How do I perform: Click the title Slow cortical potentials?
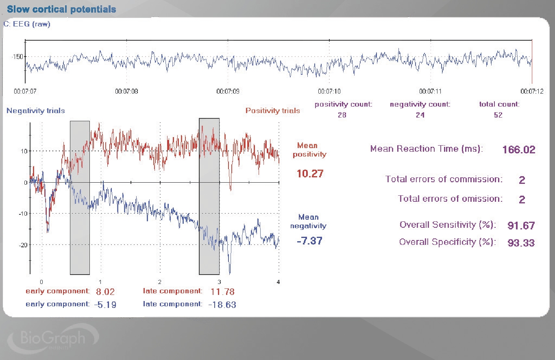coord(61,9)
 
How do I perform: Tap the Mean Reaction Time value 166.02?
coord(519,150)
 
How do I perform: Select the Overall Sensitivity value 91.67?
coord(521,226)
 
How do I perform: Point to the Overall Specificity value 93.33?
coord(521,243)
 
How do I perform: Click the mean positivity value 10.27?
coord(310,174)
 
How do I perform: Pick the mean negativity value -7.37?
coord(309,241)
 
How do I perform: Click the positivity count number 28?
coord(342,115)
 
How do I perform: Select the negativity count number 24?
coord(420,115)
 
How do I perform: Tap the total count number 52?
coord(498,115)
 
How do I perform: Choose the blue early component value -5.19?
coord(105,304)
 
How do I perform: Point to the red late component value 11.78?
coord(223,292)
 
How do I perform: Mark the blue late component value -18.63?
coord(222,304)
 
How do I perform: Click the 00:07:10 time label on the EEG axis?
coord(329,92)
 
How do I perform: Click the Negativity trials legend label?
coord(36,111)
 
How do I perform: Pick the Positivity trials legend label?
coord(272,111)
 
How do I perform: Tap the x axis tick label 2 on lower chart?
coord(159,282)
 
